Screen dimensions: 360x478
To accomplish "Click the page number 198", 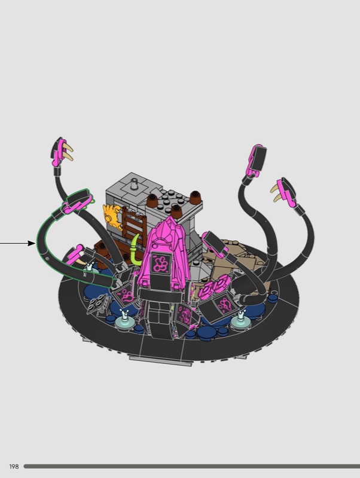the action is (14, 467).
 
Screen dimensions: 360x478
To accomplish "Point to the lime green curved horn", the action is (134, 250).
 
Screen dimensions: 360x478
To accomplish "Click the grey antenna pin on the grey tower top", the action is (133, 183).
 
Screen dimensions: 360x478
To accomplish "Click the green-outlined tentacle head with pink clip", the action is (77, 202).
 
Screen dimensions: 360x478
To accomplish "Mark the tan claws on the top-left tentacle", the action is (68, 152).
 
